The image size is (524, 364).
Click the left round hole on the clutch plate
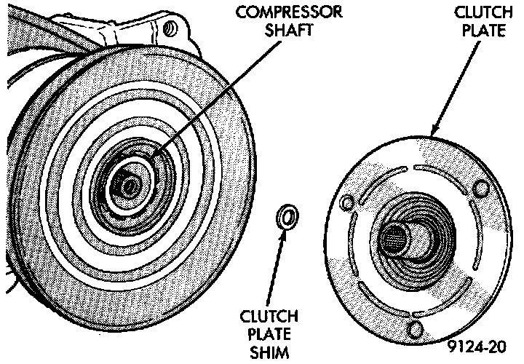click(x=346, y=200)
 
